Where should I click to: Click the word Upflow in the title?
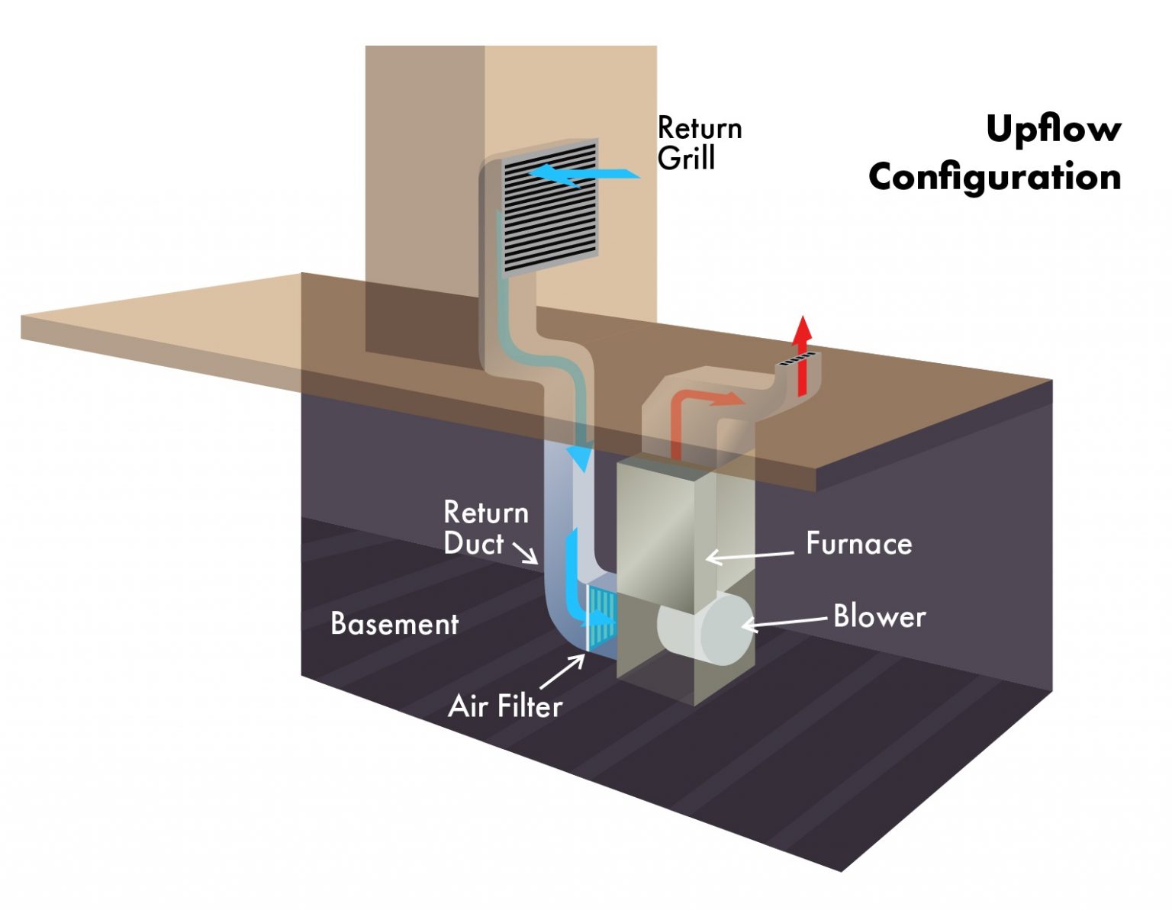[x=1053, y=128]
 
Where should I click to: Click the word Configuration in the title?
[x=994, y=178]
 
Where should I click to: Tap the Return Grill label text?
[x=698, y=143]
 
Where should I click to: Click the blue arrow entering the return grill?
[x=584, y=174]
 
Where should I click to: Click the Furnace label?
[x=858, y=544]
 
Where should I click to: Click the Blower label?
[x=879, y=616]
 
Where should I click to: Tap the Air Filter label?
[x=505, y=706]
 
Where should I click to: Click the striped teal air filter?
[x=600, y=616]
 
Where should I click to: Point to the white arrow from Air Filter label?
[x=563, y=671]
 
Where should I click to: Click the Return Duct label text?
[x=485, y=528]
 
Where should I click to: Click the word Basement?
[x=394, y=624]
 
